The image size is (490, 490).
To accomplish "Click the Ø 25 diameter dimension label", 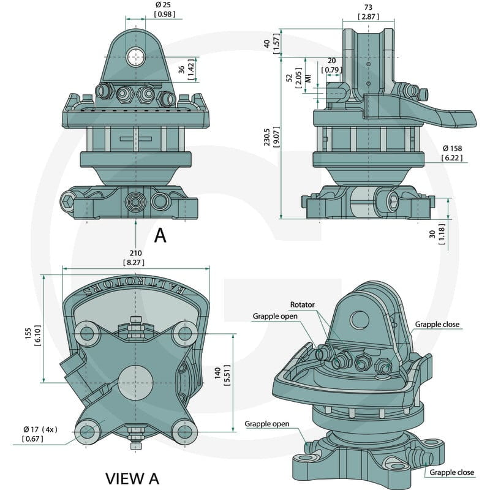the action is point(163,5).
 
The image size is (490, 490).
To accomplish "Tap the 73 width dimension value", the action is point(369,7).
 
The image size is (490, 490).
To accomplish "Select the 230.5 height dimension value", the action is point(266,137).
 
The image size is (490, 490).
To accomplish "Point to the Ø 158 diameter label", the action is point(452,148).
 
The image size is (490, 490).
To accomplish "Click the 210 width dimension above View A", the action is point(135,253).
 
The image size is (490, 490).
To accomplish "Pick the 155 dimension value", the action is point(28,333).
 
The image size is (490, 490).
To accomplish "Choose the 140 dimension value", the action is point(217,374).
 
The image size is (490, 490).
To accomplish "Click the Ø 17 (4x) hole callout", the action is point(40,429).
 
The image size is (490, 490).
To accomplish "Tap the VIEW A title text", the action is point(132,478).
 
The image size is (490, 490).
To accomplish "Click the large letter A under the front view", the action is point(160,235).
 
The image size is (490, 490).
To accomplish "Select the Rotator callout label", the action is point(302,304).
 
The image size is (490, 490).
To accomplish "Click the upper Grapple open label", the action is point(275,316).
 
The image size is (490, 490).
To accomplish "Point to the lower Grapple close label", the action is point(451,472).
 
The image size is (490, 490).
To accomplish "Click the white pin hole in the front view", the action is point(135,56).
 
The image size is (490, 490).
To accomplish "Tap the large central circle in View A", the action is point(135,382).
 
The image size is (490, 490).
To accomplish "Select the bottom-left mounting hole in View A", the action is point(87,432).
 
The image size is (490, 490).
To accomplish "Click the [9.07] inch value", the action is point(277,137).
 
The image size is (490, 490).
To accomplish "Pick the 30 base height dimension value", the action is point(432,234).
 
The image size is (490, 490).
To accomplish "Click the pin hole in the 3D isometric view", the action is point(360,320).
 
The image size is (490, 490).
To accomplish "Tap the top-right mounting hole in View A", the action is point(186,333).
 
